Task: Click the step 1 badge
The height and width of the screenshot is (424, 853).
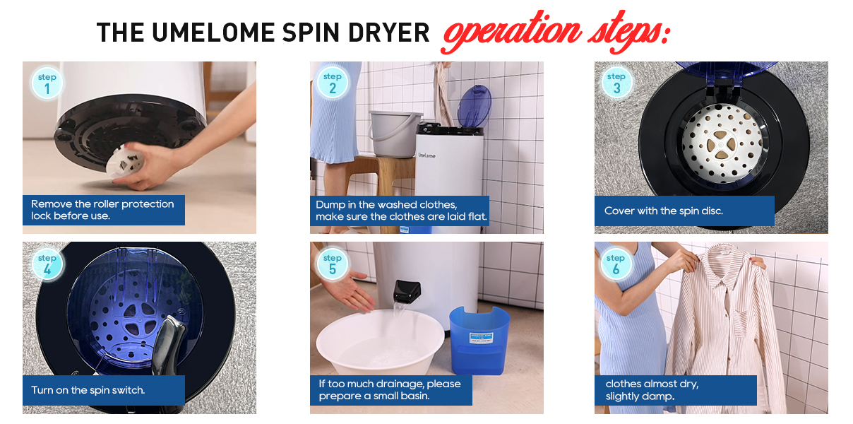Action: point(47,83)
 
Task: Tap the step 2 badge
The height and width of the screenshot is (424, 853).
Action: point(333,83)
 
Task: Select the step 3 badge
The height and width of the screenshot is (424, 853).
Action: point(616,83)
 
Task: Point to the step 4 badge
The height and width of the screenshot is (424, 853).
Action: point(47,264)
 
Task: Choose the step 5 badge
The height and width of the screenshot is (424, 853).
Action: point(333,264)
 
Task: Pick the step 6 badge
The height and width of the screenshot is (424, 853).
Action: point(616,264)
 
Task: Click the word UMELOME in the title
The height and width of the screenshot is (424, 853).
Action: point(213,33)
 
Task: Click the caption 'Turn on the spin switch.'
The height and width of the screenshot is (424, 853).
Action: point(88,390)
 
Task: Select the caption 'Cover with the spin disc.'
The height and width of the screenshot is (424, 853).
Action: point(663,211)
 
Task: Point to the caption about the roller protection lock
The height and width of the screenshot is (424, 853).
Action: point(102,210)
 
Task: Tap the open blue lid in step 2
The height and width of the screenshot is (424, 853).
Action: point(474,107)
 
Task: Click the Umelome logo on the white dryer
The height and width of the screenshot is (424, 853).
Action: point(427,155)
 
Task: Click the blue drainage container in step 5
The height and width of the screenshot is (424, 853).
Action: point(479,340)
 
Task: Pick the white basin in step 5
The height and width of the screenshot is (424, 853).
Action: point(380,343)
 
